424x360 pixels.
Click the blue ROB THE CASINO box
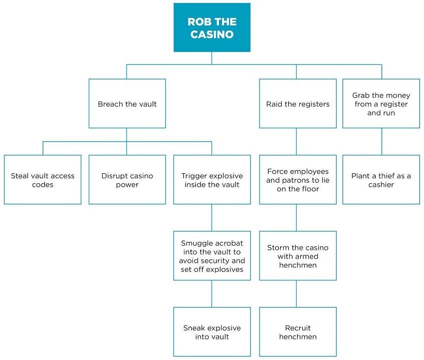211,28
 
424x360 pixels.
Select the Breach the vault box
127,104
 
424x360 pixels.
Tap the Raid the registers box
298,104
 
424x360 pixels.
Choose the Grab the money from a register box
381,104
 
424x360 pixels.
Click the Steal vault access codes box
43,180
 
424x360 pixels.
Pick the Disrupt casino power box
127,180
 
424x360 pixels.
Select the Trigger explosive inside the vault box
212,180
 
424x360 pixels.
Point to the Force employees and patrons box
298,180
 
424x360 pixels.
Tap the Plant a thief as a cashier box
381,180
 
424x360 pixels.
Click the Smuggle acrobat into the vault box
212,256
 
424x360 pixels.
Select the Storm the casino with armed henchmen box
298,256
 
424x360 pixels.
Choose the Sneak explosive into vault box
212,332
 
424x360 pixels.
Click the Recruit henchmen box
298,332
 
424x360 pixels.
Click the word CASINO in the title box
211,35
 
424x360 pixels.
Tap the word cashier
381,185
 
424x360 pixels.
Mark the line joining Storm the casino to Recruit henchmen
296,293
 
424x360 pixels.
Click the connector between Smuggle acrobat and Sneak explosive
211,293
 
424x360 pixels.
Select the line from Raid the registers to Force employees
296,141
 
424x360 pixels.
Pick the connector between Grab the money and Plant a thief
381,141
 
